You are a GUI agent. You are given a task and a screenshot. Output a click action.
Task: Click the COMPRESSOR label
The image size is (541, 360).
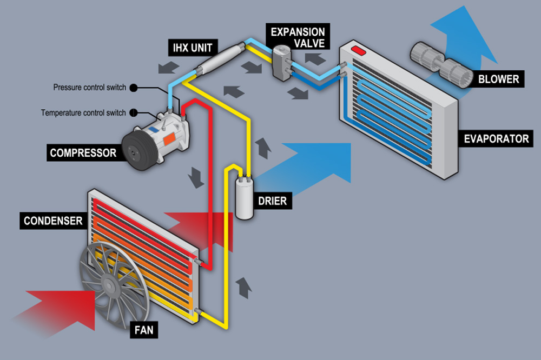pos(83,153)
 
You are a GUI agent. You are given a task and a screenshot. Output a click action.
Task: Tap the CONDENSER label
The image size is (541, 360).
pos(53,221)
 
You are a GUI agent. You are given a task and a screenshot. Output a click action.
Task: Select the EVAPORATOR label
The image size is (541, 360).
pos(496,139)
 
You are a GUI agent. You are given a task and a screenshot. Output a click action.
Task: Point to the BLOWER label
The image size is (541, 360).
pos(498,79)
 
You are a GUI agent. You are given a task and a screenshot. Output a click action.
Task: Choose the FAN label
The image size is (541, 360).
pos(143,329)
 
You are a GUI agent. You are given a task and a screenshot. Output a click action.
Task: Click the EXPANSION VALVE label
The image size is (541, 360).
pos(298,38)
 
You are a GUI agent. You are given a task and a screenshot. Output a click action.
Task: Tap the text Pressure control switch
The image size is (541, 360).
pos(90,88)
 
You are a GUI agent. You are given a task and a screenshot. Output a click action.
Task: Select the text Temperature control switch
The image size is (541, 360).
pos(83,113)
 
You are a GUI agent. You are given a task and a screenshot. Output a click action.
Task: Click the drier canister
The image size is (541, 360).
pos(245,198)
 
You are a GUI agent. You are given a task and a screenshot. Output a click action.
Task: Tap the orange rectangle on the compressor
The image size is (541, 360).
pos(169,137)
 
